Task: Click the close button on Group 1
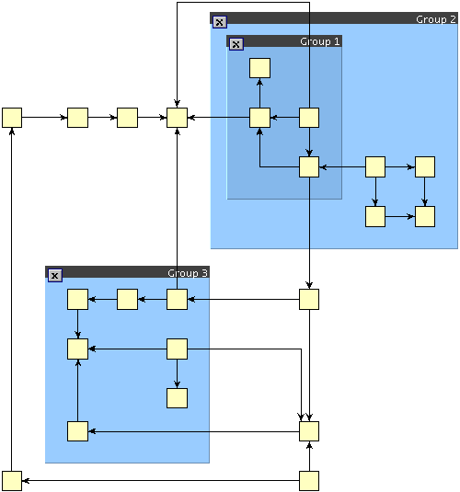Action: [236, 44]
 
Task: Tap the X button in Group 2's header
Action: [220, 22]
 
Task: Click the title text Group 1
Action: [319, 41]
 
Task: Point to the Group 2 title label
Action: [435, 19]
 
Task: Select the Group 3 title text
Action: [188, 273]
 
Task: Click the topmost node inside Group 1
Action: [259, 68]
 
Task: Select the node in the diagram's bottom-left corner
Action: [12, 480]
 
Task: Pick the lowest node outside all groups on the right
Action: [309, 480]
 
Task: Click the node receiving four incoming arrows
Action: [177, 118]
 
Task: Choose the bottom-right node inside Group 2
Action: [425, 216]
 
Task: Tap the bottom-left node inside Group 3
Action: [77, 431]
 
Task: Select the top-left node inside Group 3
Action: [77, 300]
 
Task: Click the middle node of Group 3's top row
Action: [127, 300]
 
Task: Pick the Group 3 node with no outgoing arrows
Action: [177, 398]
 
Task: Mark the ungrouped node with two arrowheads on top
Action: [309, 431]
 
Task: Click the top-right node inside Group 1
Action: [309, 118]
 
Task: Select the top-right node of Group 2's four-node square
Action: [425, 167]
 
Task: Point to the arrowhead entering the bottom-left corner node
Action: [26, 480]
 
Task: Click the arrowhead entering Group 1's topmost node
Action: [259, 82]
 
